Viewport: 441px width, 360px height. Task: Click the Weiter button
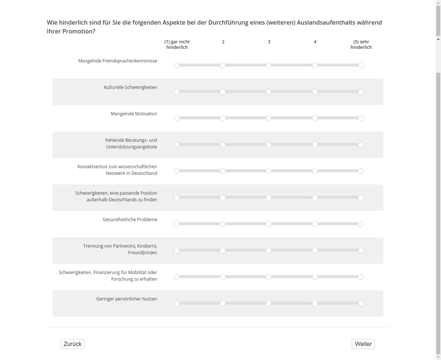click(x=363, y=344)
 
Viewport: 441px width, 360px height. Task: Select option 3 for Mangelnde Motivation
click(x=269, y=118)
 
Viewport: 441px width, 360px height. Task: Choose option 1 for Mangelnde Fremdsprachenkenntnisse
click(x=177, y=65)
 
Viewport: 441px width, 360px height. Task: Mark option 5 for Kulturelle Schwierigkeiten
click(x=361, y=92)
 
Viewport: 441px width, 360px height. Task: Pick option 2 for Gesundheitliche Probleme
click(x=223, y=224)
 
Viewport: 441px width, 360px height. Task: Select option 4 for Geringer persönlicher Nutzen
click(x=315, y=303)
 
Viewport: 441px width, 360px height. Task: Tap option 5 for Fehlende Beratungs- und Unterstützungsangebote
click(x=361, y=145)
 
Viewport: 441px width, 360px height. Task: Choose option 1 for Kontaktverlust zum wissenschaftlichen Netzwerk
click(x=177, y=171)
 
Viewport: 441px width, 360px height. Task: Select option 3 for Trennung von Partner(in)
click(x=269, y=251)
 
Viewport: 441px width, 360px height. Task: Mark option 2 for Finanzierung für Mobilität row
click(x=223, y=277)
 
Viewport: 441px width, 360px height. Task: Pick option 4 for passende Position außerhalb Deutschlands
click(x=315, y=198)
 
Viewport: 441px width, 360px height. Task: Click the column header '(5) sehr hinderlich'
click(x=361, y=44)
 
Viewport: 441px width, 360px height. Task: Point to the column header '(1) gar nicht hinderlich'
click(x=177, y=44)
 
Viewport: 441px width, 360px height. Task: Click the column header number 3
click(x=269, y=42)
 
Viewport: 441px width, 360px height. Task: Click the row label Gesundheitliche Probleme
click(x=130, y=220)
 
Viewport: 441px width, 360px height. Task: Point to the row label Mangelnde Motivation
click(x=134, y=114)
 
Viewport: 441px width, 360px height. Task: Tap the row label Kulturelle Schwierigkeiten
click(x=130, y=87)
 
